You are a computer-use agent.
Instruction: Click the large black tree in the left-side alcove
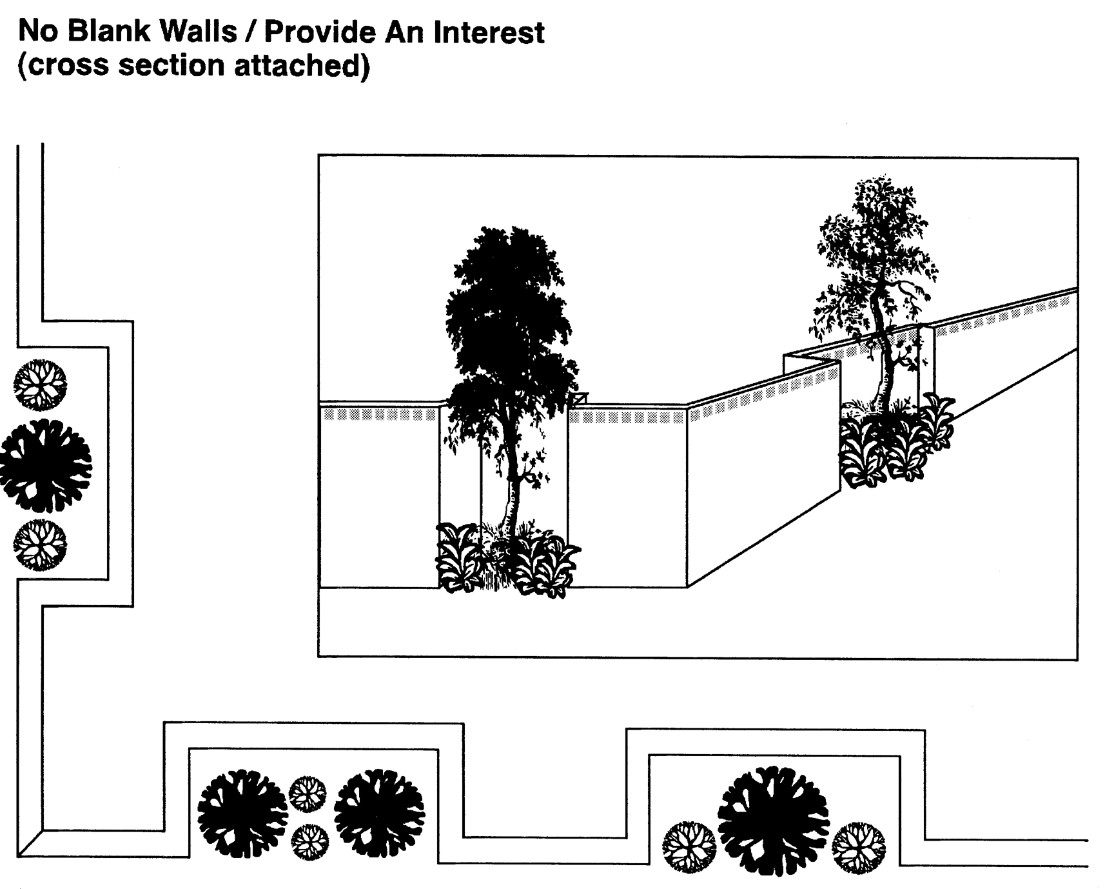point(45,465)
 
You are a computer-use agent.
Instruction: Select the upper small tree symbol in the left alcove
point(40,385)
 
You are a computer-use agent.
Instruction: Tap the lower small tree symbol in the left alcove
point(40,545)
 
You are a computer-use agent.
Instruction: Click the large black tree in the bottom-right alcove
point(773,820)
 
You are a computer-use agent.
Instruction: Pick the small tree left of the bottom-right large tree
point(689,846)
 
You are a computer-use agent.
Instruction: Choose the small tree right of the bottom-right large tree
point(858,846)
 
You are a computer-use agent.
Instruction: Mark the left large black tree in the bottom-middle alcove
point(242,813)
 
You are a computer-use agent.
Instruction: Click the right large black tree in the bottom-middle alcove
point(379,813)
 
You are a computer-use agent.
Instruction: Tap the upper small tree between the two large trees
point(308,794)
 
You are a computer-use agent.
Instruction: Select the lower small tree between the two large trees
point(309,842)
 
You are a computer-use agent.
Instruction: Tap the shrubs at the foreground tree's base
point(506,558)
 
